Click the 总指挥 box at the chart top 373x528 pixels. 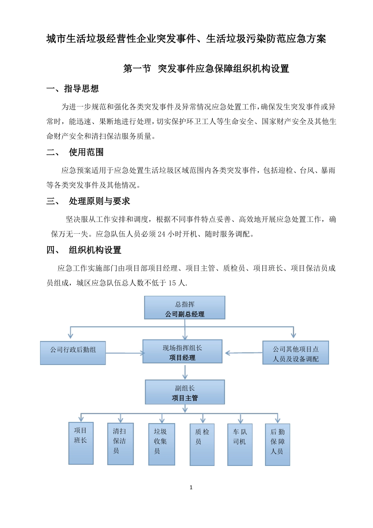[x=185, y=308]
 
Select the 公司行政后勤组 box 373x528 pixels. [x=73, y=353]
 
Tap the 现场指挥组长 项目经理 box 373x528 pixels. [x=182, y=352]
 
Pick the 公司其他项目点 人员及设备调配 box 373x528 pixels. [x=296, y=353]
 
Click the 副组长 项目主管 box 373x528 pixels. [x=185, y=392]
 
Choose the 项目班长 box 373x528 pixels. [x=81, y=444]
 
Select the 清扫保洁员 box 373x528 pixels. [x=121, y=444]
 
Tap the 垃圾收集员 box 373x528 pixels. [x=161, y=444]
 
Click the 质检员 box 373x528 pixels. [x=202, y=444]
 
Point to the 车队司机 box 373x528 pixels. [x=240, y=444]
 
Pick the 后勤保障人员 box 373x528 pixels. [x=278, y=444]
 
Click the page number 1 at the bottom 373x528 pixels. [x=191, y=488]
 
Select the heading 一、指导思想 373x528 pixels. [x=73, y=89]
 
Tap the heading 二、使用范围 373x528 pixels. [x=75, y=152]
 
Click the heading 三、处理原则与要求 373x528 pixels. [x=88, y=201]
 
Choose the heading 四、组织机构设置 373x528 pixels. [x=84, y=250]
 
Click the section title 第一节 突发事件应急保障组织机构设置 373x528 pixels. [x=206, y=69]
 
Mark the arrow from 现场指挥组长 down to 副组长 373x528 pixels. [x=185, y=372]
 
